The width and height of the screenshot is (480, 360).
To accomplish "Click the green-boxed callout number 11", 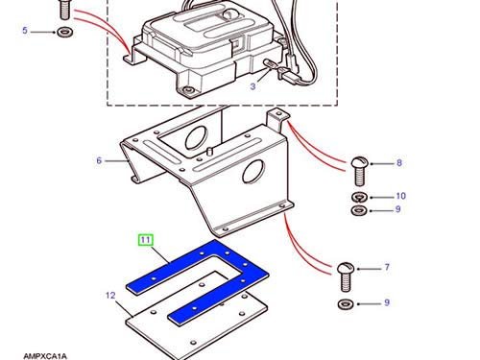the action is tap(145, 240).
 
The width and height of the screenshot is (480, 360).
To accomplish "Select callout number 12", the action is tap(110, 296).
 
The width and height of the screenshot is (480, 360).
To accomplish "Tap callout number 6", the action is tap(99, 160).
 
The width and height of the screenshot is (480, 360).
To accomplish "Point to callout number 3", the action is tap(252, 86).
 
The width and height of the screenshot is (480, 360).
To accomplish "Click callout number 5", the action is tap(25, 31).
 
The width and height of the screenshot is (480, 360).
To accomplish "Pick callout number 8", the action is tap(399, 163).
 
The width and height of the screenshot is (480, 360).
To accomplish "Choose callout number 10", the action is tap(400, 196).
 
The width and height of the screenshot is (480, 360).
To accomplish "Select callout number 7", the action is tap(387, 267).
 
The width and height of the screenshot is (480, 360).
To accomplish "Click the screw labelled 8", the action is tap(360, 172).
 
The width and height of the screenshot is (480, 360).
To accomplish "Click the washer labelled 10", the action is tap(360, 198).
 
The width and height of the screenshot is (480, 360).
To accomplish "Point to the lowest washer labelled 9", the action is tap(347, 303).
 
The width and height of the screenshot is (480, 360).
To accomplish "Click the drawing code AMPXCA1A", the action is tap(45, 356).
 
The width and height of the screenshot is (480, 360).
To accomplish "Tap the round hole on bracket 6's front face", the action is tap(253, 172).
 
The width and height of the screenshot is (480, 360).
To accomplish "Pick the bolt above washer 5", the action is tap(65, 10).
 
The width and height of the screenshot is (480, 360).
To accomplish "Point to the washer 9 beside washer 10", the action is tap(360, 210).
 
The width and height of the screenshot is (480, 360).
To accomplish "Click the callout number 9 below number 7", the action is tap(387, 302).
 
